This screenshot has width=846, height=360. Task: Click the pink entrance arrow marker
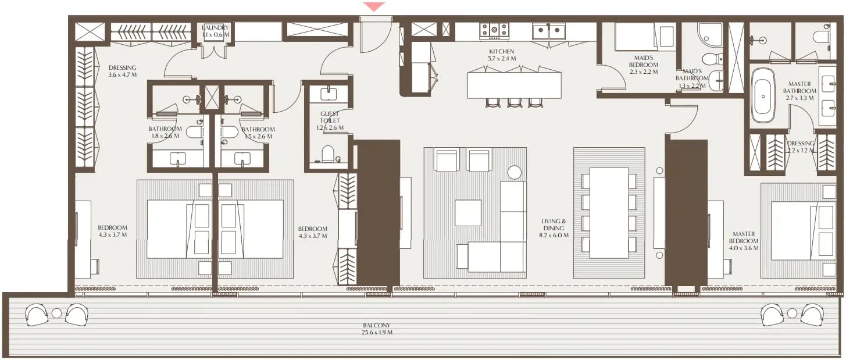coord(373,6)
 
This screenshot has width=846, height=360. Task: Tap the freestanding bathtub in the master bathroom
coord(762,96)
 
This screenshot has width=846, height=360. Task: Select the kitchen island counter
coord(514,85)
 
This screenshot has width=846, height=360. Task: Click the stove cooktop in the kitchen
coord(494,30)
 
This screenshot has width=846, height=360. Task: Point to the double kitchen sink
coord(549,31)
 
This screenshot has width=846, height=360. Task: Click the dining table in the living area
coord(609,213)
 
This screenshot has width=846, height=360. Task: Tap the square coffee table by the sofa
coord(468,213)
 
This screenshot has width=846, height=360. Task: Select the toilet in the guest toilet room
coord(328,154)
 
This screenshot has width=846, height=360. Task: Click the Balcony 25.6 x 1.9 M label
coord(377,329)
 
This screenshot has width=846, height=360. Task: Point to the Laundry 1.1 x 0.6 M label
coord(215,31)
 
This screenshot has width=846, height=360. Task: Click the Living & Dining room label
coord(554,228)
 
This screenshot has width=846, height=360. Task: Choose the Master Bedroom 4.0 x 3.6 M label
coord(743,241)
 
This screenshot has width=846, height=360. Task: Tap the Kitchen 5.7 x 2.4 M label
coord(502,55)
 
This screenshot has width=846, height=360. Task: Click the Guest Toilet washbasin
coord(329,94)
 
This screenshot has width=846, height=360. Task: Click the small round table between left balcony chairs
coord(56,313)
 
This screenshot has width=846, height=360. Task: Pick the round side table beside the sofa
coord(514,172)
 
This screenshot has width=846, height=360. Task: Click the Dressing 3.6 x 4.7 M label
coord(122,72)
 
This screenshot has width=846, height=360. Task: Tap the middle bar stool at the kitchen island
coord(515,103)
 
